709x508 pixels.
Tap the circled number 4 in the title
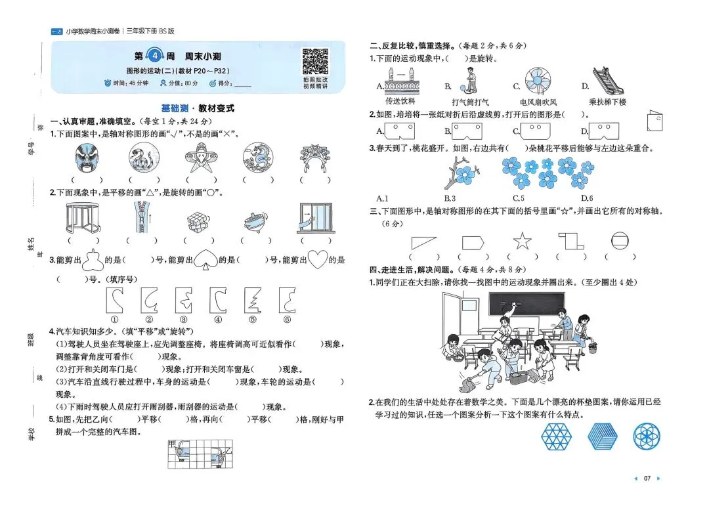(154, 56)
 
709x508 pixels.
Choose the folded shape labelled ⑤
(251, 300)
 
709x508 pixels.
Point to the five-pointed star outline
(522, 241)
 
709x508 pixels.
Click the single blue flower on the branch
(467, 174)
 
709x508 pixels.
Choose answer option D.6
(587, 198)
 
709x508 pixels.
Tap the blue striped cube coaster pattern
(602, 436)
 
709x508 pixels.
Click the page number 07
(647, 478)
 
